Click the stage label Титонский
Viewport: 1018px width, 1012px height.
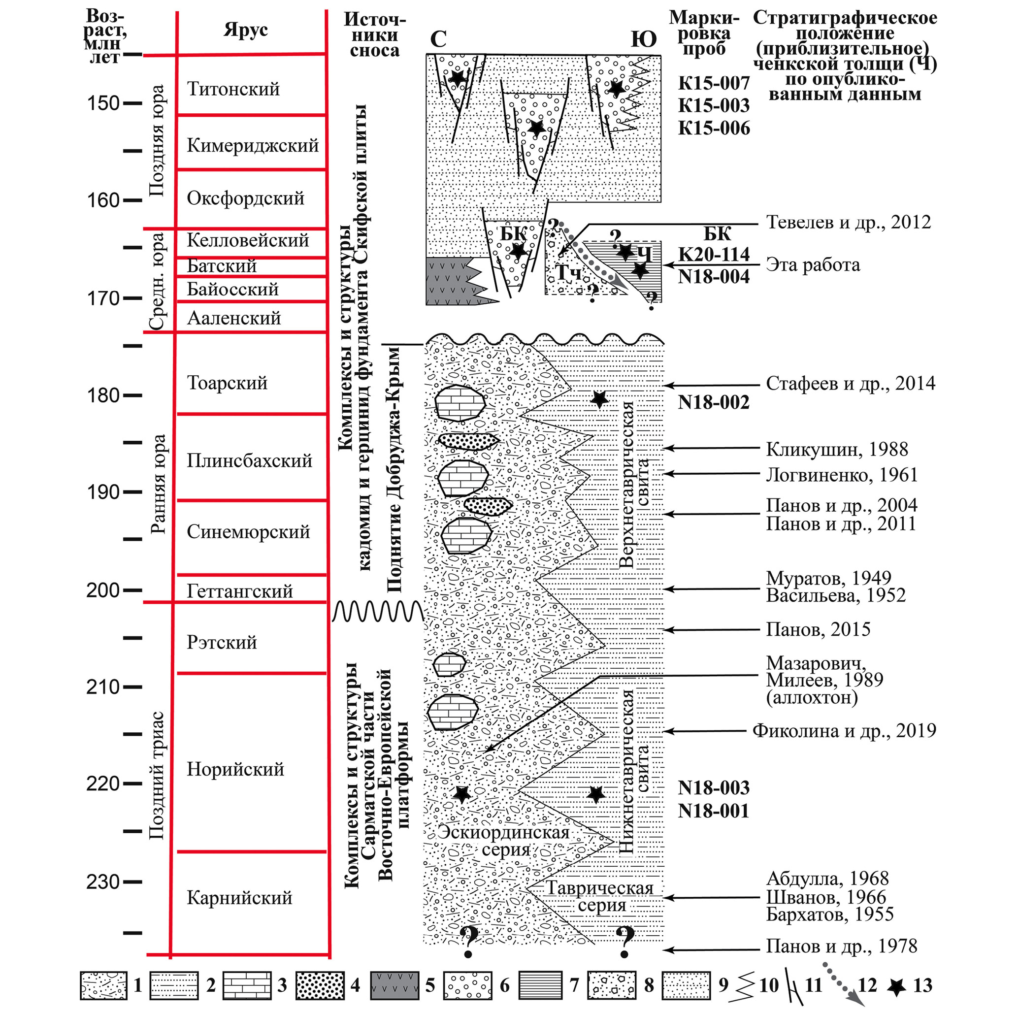point(233,89)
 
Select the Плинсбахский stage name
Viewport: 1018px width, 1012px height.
point(249,460)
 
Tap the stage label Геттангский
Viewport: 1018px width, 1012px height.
point(239,590)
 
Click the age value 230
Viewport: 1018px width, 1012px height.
point(103,882)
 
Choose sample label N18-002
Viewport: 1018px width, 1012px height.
point(714,402)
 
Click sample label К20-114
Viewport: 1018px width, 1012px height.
point(714,255)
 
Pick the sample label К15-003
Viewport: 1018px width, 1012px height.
point(714,105)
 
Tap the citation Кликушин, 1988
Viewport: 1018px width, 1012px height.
point(837,449)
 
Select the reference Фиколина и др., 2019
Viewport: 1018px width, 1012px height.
point(844,731)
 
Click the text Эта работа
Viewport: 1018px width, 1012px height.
point(813,264)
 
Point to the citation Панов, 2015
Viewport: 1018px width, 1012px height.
point(818,629)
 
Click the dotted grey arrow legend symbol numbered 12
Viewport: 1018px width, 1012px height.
point(838,986)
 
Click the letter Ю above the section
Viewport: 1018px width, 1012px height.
point(643,39)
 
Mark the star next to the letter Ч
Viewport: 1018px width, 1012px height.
point(625,252)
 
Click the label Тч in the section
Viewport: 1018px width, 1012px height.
point(569,273)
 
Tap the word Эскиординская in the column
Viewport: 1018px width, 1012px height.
point(504,832)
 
